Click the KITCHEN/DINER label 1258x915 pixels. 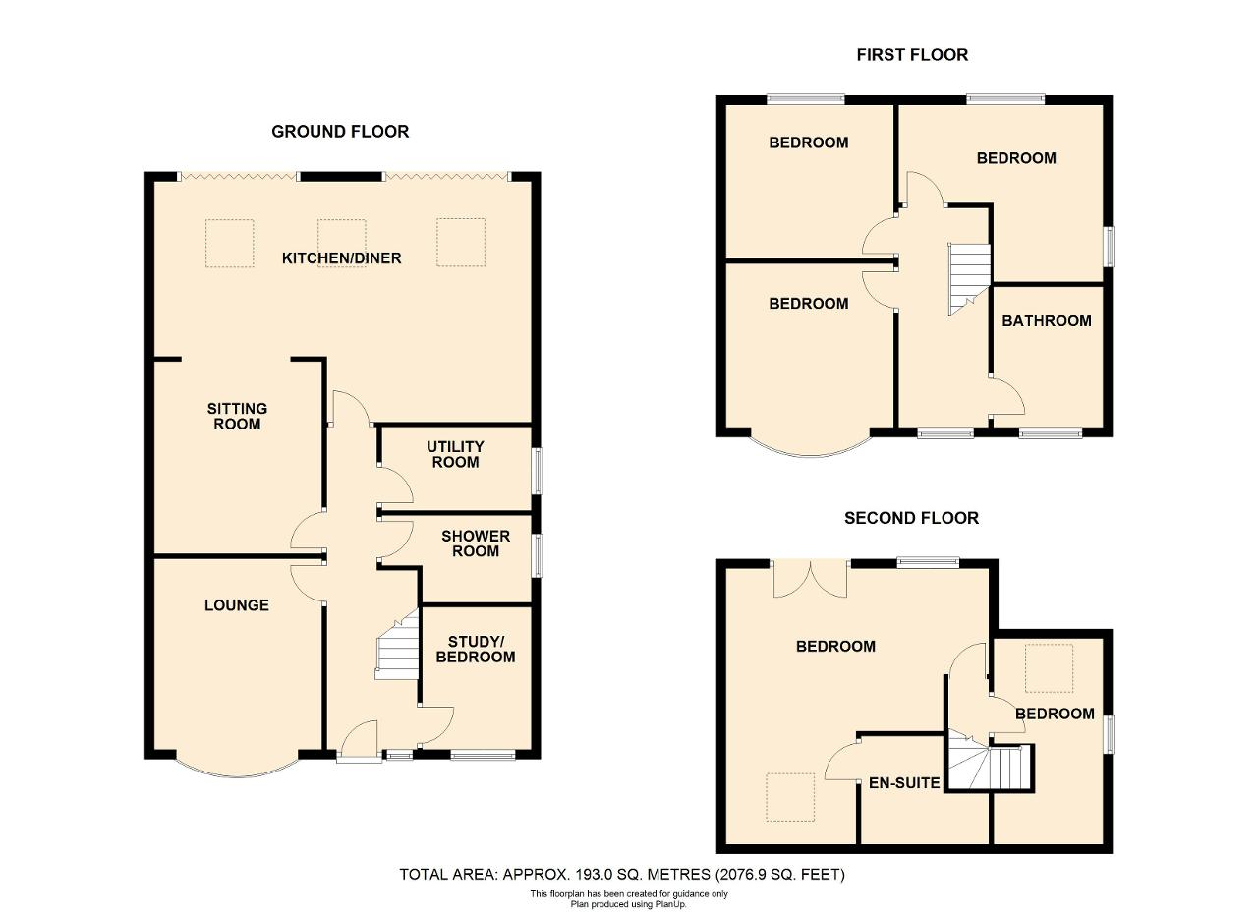(x=341, y=258)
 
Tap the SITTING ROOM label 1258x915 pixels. (x=237, y=416)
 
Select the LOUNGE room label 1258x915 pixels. (x=237, y=605)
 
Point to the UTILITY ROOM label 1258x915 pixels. (x=455, y=454)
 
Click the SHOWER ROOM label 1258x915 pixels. (x=476, y=543)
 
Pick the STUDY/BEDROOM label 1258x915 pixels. (x=475, y=649)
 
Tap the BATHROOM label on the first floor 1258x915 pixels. (x=1047, y=320)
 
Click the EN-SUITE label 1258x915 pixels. (x=904, y=783)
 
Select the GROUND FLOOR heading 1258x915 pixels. (x=340, y=132)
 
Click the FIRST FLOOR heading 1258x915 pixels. (x=912, y=55)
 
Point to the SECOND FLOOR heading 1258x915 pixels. (x=911, y=518)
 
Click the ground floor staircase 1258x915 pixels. (x=398, y=645)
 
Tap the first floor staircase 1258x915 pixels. (x=969, y=279)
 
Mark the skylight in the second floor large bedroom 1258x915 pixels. (x=790, y=798)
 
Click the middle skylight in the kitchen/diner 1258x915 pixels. (x=341, y=243)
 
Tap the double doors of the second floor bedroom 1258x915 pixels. (x=811, y=579)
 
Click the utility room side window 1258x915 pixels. (x=538, y=471)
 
